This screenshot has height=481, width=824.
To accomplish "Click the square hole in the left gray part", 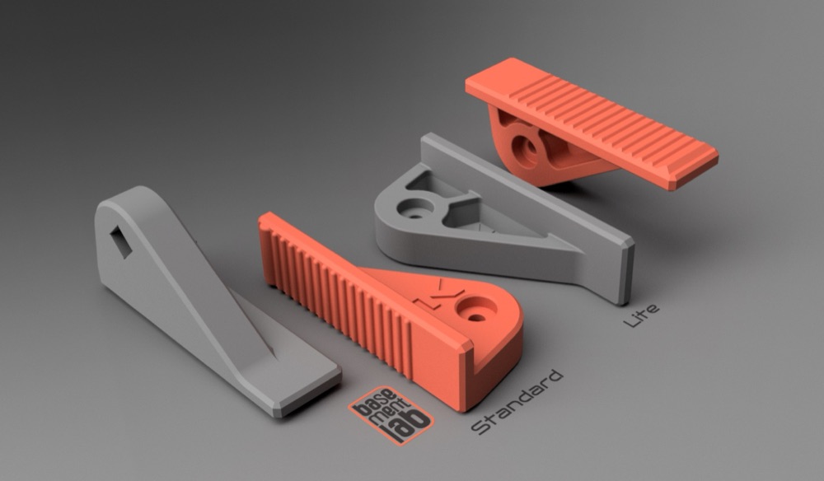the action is click(x=121, y=242).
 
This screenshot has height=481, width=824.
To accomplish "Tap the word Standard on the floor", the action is click(x=517, y=402).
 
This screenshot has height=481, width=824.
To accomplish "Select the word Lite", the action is click(x=641, y=315).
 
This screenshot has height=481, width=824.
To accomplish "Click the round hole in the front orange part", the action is click(x=476, y=309).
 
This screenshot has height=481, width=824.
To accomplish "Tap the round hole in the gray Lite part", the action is click(x=415, y=208).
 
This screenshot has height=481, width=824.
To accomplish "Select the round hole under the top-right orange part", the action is click(x=526, y=148).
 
